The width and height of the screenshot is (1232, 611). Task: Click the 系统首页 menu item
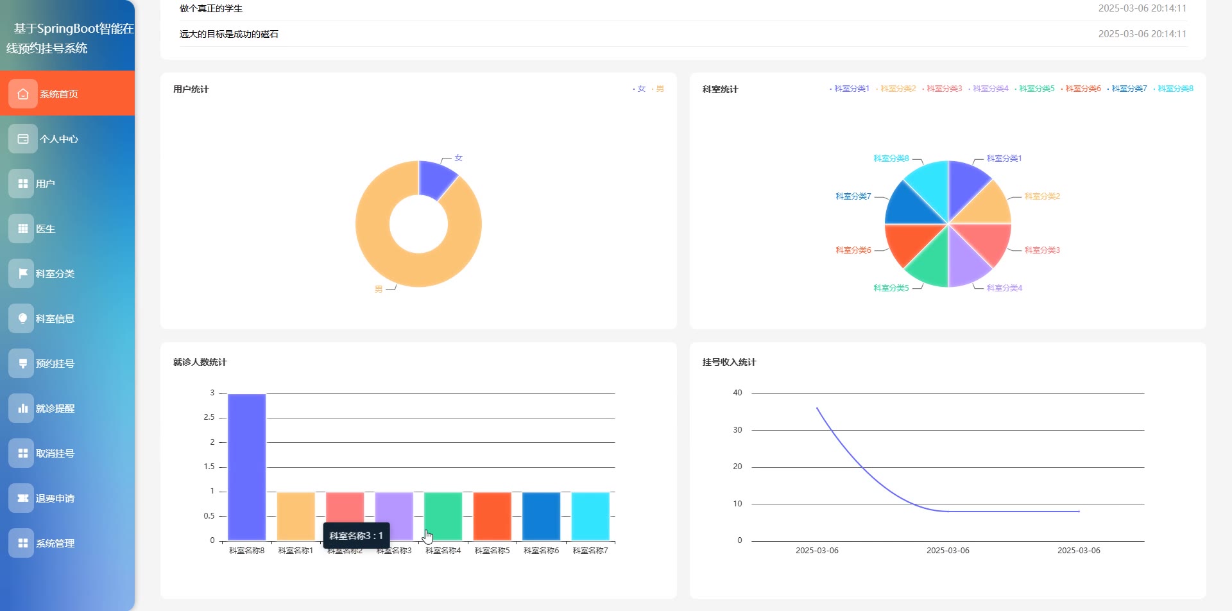pos(59,94)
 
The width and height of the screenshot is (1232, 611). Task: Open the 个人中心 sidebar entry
pos(59,139)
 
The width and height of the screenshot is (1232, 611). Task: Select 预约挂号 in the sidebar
pos(55,363)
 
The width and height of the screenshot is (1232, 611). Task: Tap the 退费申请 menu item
pos(55,498)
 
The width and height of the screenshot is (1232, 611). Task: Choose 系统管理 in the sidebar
pos(55,543)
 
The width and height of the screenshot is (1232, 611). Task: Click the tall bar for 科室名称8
pos(246,467)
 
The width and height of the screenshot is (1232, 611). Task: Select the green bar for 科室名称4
pos(443,516)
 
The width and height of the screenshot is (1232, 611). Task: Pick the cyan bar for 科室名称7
pos(590,516)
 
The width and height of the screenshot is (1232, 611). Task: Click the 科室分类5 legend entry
pos(1036,89)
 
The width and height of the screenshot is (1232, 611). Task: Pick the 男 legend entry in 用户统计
pos(660,89)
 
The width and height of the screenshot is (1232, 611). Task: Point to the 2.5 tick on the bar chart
pos(209,417)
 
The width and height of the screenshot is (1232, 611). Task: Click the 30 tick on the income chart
pos(737,430)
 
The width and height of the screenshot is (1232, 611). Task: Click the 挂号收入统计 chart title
pos(729,362)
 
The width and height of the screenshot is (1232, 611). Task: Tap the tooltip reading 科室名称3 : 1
pos(356,535)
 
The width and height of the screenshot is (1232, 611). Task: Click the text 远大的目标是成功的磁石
pos(229,34)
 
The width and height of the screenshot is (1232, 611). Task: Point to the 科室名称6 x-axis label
pos(541,551)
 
